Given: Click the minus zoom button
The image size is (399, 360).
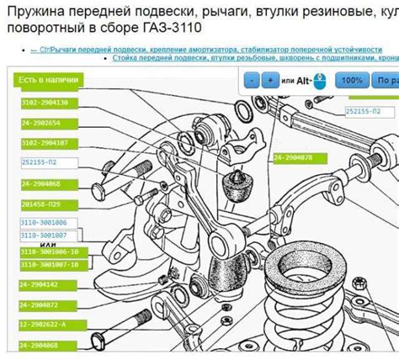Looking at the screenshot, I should (x=250, y=81).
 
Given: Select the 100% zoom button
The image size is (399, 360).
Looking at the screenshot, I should (x=353, y=81).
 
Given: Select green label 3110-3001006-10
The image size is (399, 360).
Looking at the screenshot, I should (x=49, y=252).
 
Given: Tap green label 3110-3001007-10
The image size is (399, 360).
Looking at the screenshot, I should (x=49, y=265).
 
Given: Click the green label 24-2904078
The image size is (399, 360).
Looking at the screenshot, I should (x=293, y=158).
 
